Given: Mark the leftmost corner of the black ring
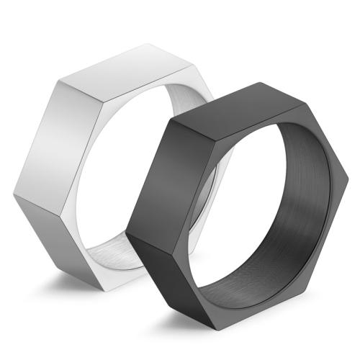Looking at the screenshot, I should click(x=127, y=233).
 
